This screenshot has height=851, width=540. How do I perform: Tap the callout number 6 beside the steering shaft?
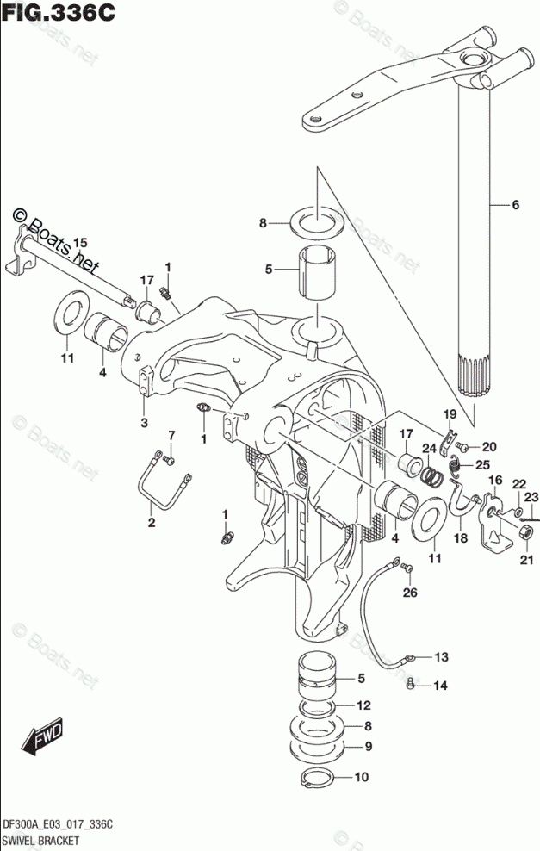(515, 205)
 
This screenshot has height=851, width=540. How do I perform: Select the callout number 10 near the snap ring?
(360, 776)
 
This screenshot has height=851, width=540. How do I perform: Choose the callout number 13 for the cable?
(441, 657)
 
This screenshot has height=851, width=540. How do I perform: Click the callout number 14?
(441, 686)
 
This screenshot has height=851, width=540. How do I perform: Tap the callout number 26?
(409, 593)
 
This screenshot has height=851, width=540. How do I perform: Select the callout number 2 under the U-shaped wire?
(151, 523)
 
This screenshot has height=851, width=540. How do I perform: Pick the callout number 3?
(144, 422)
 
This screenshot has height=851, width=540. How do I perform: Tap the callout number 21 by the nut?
(524, 562)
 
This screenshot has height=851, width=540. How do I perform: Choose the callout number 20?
(489, 446)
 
